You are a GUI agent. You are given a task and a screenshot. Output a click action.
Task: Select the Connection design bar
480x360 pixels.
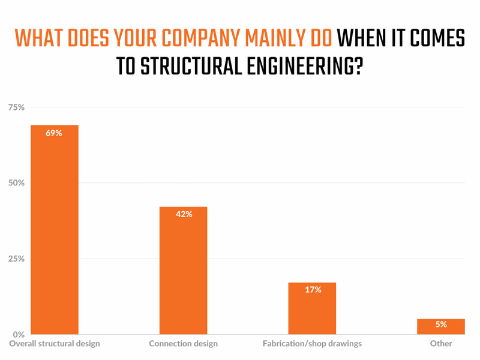pyautogui.click(x=183, y=271)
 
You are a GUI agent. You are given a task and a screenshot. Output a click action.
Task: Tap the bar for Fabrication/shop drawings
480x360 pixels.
pyautogui.click(x=312, y=308)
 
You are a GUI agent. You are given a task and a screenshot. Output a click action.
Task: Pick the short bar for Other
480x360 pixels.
pyautogui.click(x=441, y=328)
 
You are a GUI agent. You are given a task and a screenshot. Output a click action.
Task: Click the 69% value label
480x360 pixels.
pyautogui.click(x=55, y=133)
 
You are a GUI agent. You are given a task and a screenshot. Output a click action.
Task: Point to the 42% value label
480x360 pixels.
pyautogui.click(x=184, y=214)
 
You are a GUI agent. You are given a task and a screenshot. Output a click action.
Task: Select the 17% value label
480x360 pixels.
pyautogui.click(x=313, y=290)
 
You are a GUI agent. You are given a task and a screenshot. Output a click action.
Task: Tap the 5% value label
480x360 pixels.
pyautogui.click(x=441, y=324)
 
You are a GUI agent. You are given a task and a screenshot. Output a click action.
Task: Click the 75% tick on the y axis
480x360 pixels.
pyautogui.click(x=16, y=107)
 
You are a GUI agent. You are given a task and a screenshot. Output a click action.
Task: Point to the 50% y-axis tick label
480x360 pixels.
pyautogui.click(x=16, y=183)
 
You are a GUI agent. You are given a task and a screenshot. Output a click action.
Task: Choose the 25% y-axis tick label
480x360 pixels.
pyautogui.click(x=16, y=259)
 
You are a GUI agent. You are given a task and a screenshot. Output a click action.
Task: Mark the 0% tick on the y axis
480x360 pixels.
pyautogui.click(x=18, y=334)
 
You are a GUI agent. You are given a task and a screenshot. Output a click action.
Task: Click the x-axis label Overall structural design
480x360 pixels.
pyautogui.click(x=55, y=344)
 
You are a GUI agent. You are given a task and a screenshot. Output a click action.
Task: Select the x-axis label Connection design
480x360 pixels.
pyautogui.click(x=183, y=344)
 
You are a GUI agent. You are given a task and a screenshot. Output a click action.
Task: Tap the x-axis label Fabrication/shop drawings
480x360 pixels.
pyautogui.click(x=312, y=344)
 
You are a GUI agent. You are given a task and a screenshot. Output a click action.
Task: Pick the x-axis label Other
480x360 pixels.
pyautogui.click(x=441, y=344)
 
